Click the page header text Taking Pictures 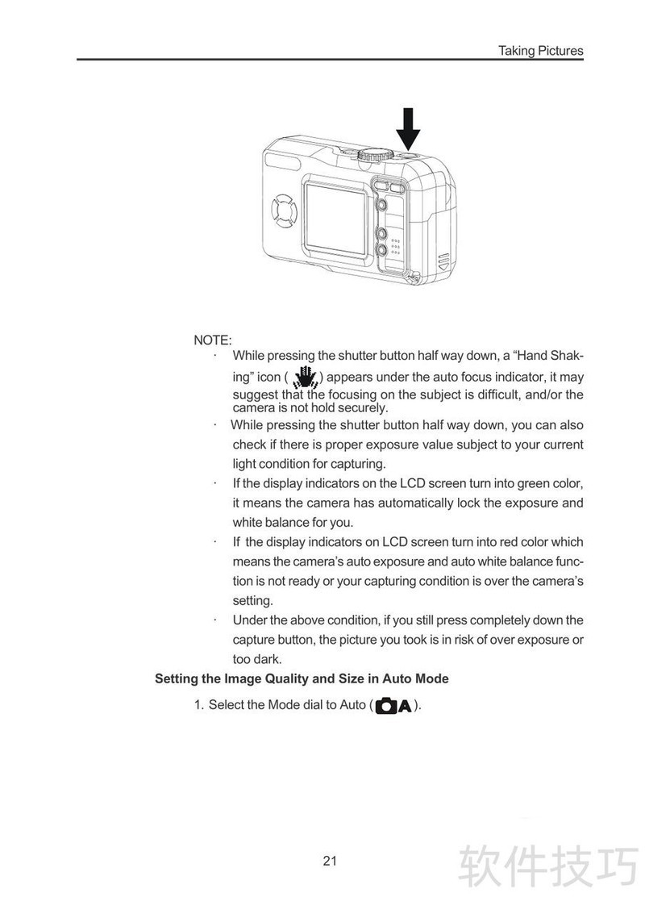540,51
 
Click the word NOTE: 213,340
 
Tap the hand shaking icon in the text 304,377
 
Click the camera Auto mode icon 393,706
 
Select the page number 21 330,861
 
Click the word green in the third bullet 526,484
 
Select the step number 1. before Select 199,705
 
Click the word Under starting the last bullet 250,620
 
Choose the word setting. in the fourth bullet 253,601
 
